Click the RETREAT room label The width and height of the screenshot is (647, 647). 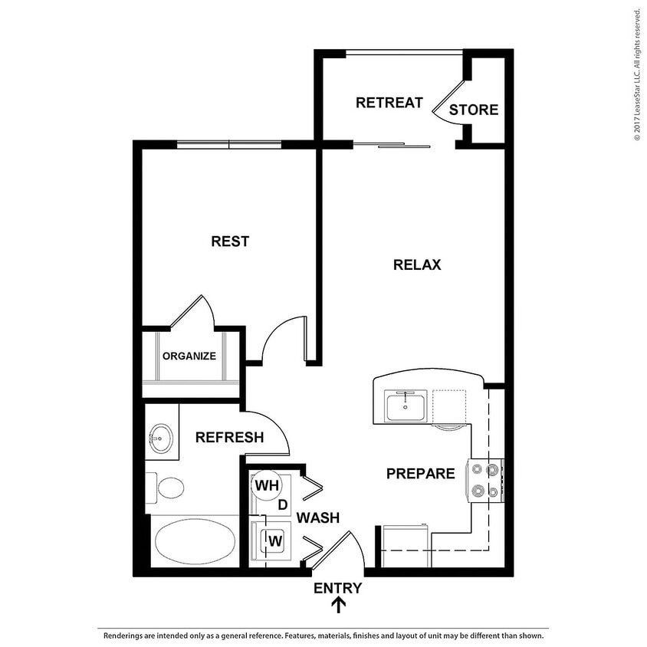[389, 103]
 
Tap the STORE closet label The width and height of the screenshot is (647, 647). [473, 110]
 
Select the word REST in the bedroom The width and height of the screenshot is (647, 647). [230, 241]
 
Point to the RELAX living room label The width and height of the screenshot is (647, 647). [417, 265]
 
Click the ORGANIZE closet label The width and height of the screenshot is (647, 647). [189, 356]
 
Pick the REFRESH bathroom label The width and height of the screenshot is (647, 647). [230, 438]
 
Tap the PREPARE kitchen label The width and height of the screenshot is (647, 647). [421, 474]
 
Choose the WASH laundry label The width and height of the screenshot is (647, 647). [318, 518]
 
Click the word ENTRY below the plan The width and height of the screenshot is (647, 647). [337, 588]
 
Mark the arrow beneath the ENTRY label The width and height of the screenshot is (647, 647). [337, 606]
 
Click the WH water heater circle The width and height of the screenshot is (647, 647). [266, 485]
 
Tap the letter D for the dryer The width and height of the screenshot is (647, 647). [282, 505]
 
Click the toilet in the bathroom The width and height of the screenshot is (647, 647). [168, 487]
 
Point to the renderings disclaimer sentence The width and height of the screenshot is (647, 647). [323, 636]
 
